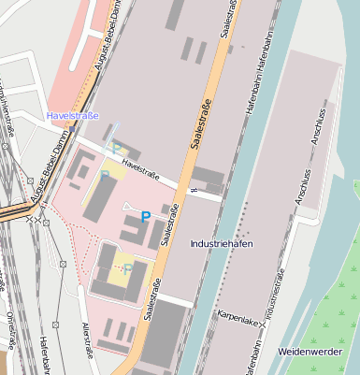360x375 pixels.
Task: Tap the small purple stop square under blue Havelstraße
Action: coord(117,129)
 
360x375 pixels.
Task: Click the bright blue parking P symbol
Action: coord(145,216)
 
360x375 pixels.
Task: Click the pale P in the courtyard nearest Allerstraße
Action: coord(127,268)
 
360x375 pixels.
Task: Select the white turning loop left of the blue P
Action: coord(128,206)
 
